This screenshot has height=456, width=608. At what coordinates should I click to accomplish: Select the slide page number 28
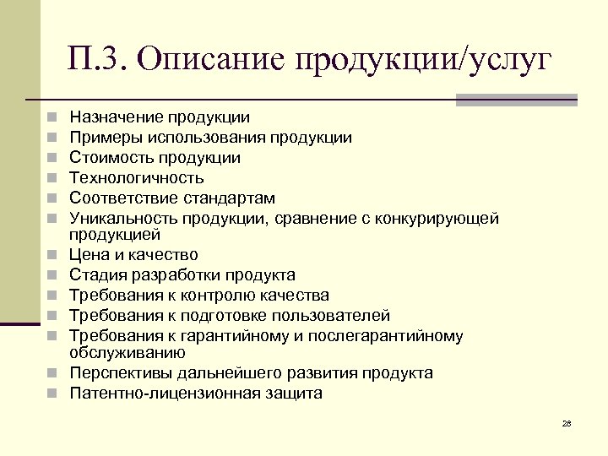567,422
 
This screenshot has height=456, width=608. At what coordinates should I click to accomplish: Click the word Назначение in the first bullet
115,117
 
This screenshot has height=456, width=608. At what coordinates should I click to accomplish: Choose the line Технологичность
136,178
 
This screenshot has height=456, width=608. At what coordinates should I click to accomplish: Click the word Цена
89,254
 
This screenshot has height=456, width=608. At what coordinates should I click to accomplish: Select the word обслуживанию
128,352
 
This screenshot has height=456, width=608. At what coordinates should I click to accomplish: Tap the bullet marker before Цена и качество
52,255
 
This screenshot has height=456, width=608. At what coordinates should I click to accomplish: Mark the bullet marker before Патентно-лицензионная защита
52,394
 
